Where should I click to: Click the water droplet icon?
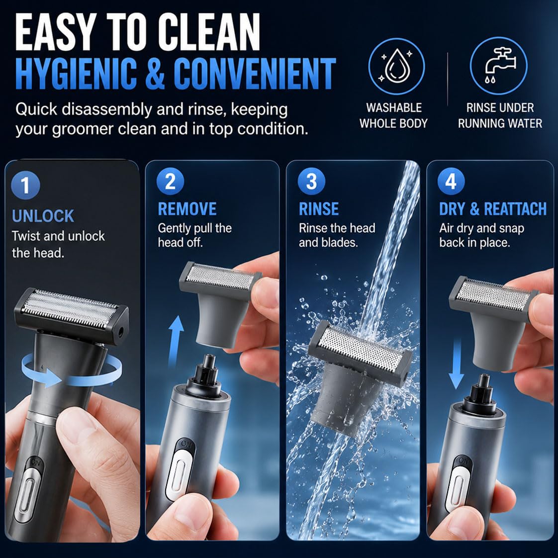[x=396, y=66]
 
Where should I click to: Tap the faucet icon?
[x=498, y=66]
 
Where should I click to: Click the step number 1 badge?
[x=25, y=185]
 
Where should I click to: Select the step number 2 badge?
[x=170, y=181]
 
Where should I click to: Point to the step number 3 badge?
[x=311, y=181]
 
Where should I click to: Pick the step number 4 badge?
[x=451, y=181]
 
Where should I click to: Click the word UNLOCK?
[x=43, y=216]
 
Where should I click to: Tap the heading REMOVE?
[x=187, y=209]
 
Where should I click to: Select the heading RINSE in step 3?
[x=319, y=209]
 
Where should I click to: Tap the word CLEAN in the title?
[x=209, y=33]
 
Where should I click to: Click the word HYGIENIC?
[x=76, y=74]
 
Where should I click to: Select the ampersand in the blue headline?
[x=155, y=74]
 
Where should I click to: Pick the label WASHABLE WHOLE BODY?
[x=393, y=115]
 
